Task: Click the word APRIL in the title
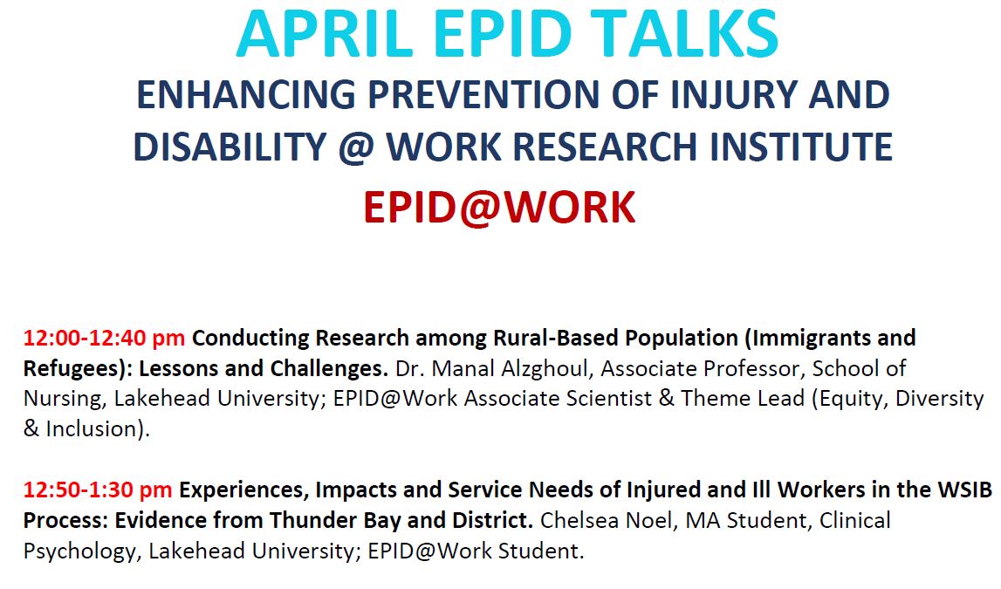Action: [x=325, y=33]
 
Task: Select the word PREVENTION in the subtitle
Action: [x=484, y=94]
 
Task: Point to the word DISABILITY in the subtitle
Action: [x=230, y=147]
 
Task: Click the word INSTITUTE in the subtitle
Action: [x=801, y=147]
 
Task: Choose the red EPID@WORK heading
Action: [x=500, y=208]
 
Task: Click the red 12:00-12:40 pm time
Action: [x=104, y=338]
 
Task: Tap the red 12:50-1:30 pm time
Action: [x=98, y=490]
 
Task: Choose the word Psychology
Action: [x=80, y=551]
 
